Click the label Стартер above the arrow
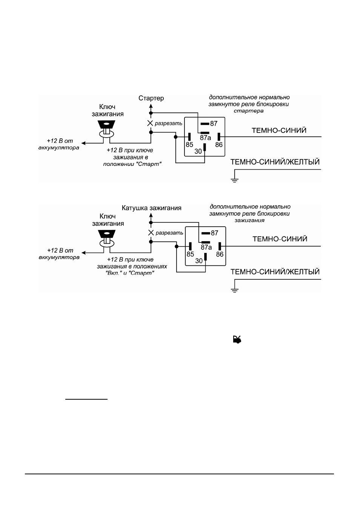click(x=151, y=98)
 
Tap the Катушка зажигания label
click(x=151, y=208)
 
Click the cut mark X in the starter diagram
click(x=150, y=123)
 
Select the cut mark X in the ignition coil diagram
click(x=151, y=233)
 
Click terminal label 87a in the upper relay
click(x=205, y=138)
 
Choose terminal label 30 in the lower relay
click(x=199, y=261)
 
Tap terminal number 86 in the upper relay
click(x=219, y=145)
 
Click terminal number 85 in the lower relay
click(x=190, y=254)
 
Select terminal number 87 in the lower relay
click(x=214, y=233)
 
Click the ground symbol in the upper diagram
click(x=234, y=181)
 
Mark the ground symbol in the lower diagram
click(x=234, y=290)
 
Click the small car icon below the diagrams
click(x=237, y=339)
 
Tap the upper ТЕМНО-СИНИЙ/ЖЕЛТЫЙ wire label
click(x=275, y=162)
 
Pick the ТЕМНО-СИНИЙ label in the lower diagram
click(x=280, y=239)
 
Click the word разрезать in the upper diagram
click(x=169, y=124)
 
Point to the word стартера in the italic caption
click(x=249, y=111)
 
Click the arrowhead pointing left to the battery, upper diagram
click(x=83, y=143)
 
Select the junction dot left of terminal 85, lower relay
click(x=177, y=247)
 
